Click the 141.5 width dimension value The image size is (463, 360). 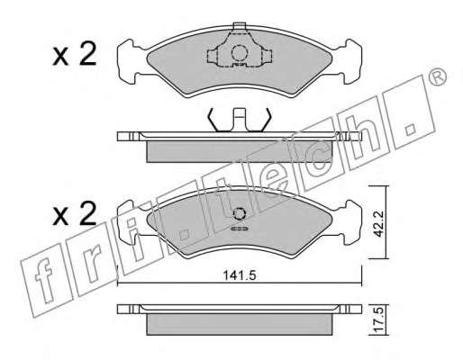[x=240, y=275]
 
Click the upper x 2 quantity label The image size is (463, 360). [x=75, y=54]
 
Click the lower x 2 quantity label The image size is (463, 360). [x=75, y=213]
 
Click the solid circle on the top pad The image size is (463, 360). [x=240, y=53]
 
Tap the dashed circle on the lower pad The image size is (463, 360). [x=240, y=214]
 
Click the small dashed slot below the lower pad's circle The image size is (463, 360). [x=239, y=229]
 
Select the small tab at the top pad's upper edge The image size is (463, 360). [x=240, y=26]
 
